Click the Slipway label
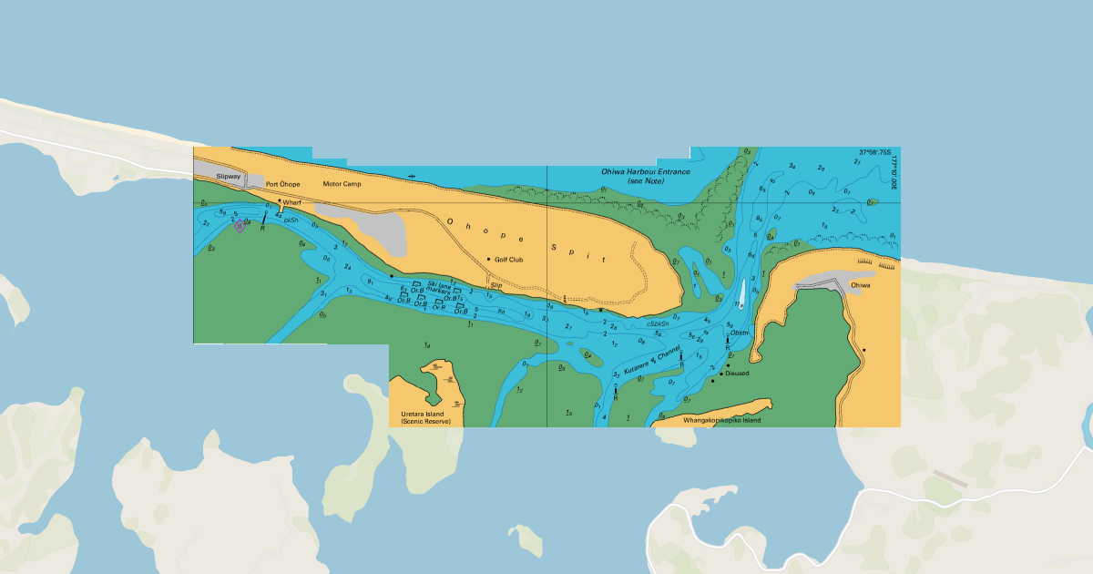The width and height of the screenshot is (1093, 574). (229, 177)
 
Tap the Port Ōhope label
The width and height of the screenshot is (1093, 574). (282, 184)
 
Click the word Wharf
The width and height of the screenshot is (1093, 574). (291, 202)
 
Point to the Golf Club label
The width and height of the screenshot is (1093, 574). (509, 259)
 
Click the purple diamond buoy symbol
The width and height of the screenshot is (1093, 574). (240, 226)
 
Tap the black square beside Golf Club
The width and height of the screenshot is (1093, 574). (489, 259)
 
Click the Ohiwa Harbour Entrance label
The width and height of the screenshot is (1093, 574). (646, 171)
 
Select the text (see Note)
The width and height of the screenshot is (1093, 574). (646, 181)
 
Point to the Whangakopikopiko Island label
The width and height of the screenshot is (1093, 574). (721, 420)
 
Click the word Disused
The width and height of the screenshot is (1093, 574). (737, 373)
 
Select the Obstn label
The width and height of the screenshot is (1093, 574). (740, 333)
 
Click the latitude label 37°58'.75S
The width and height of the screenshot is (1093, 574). (874, 152)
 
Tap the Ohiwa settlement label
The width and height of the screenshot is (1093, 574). (861, 285)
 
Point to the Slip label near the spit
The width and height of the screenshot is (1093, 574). (496, 285)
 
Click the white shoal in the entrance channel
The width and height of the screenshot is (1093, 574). (742, 293)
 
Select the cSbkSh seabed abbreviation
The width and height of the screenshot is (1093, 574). (657, 324)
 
